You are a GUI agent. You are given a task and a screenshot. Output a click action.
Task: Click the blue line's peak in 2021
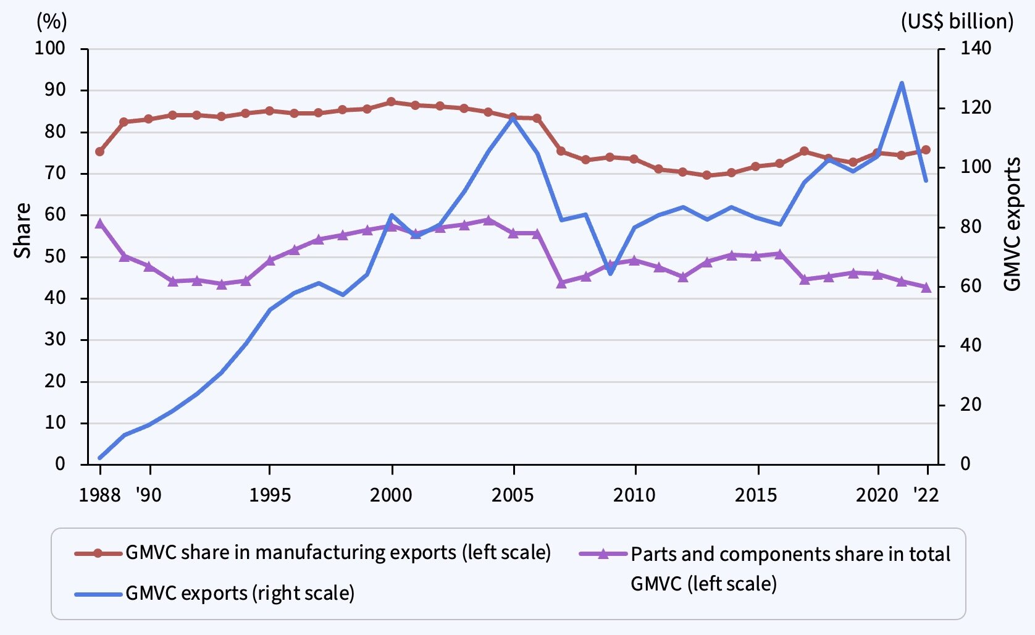(x=902, y=83)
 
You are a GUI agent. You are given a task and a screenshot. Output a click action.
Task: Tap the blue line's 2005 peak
(x=513, y=116)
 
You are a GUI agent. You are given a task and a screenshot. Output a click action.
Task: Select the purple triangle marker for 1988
(x=100, y=224)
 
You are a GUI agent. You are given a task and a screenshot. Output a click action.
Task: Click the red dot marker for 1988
(x=100, y=151)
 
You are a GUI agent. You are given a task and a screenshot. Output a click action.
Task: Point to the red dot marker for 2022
(x=926, y=149)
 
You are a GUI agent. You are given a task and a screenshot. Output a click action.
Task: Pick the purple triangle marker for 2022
(x=926, y=287)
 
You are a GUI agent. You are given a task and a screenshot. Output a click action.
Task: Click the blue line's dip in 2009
(x=611, y=273)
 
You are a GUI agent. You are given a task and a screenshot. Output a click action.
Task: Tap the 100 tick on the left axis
(x=49, y=48)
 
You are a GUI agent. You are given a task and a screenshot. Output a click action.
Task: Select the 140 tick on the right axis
(x=975, y=48)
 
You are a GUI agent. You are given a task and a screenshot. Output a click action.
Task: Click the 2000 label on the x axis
(x=391, y=495)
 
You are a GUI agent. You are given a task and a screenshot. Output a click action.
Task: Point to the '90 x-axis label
(x=149, y=495)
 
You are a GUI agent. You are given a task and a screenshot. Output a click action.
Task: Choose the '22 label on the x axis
(x=926, y=495)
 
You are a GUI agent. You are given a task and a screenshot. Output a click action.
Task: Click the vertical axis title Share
(x=23, y=230)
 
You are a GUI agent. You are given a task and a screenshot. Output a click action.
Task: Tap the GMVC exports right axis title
(x=1013, y=224)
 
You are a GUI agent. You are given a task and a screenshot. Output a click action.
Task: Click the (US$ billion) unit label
(x=957, y=22)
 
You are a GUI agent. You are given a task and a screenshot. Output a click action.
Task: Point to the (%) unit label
(x=52, y=22)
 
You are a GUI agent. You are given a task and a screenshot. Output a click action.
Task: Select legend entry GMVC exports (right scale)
(x=240, y=594)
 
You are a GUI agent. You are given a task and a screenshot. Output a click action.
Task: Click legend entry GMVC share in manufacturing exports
(x=338, y=552)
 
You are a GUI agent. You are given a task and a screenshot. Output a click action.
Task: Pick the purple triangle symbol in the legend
(x=603, y=553)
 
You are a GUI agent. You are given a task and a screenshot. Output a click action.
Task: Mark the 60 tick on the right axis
(x=971, y=286)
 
